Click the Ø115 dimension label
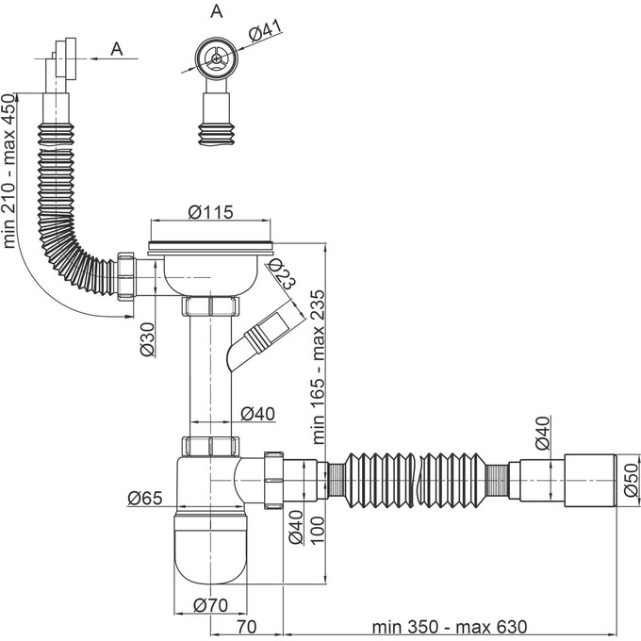click(210, 212)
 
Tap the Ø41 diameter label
click(266, 31)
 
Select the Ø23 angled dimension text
click(282, 273)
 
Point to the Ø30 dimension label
click(147, 339)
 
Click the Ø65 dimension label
click(145, 498)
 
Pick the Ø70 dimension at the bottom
click(210, 605)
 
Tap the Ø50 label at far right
click(631, 480)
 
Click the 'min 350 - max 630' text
click(450, 627)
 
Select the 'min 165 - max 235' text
click(318, 367)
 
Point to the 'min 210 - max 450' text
click(9, 171)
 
